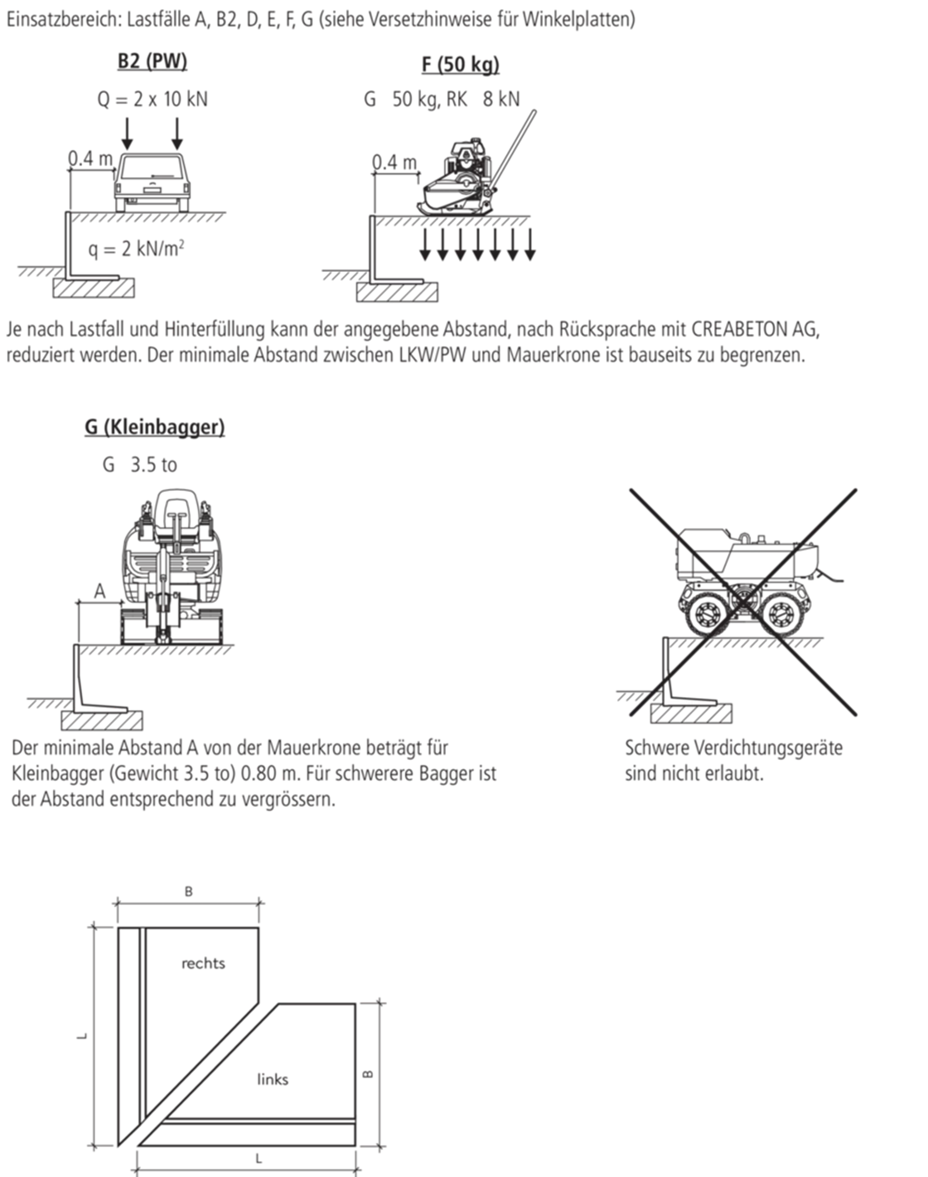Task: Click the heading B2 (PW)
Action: (152, 61)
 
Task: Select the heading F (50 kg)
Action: (460, 64)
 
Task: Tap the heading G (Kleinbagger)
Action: (154, 427)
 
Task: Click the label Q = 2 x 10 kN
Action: (152, 99)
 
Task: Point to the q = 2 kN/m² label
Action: (136, 249)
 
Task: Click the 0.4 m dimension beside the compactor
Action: (394, 162)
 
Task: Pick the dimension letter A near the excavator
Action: (100, 591)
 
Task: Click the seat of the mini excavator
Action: (176, 511)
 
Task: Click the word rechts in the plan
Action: (203, 964)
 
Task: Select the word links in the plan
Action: (273, 1079)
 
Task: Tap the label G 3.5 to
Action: (140, 465)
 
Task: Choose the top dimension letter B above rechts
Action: (188, 892)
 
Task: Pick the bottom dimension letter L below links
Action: (259, 1159)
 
